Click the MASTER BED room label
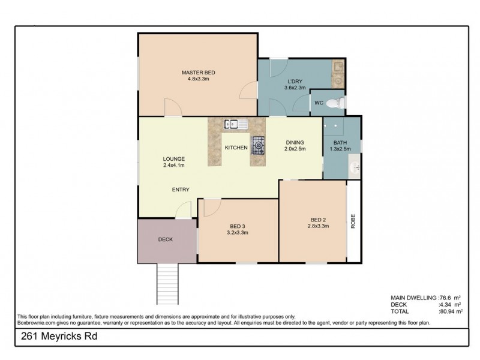click(x=198, y=73)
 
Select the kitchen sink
click(x=232, y=125)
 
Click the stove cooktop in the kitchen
click(x=259, y=144)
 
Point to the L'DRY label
click(x=294, y=82)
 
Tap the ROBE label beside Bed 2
click(x=353, y=221)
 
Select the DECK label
click(x=166, y=239)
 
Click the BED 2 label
click(x=317, y=219)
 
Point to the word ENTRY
click(x=181, y=190)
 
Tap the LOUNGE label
click(x=173, y=159)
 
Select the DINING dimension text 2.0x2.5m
click(x=295, y=149)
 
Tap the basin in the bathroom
click(x=356, y=165)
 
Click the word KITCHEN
click(x=236, y=148)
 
